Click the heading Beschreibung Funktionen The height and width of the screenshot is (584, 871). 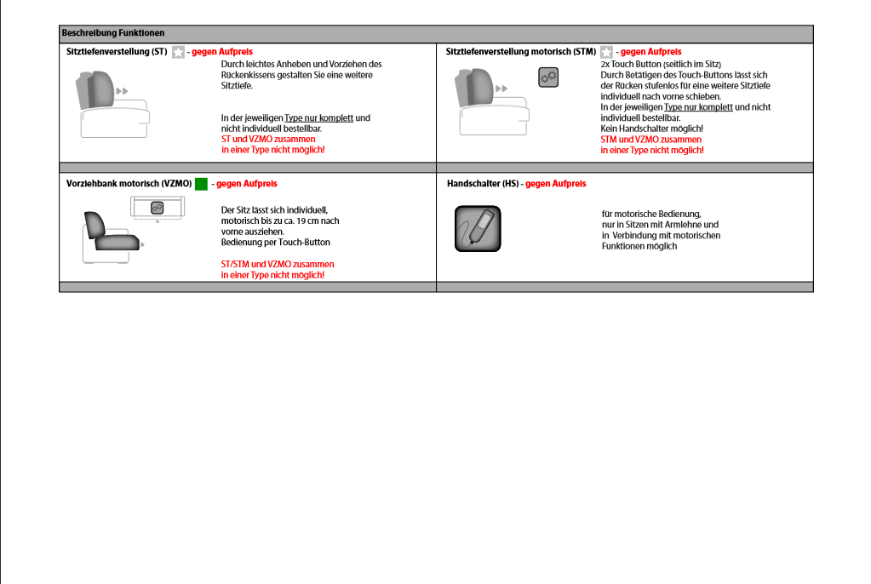click(x=113, y=33)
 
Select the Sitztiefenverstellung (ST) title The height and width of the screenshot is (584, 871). click(x=117, y=52)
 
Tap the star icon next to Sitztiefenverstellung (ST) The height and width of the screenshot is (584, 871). click(x=178, y=52)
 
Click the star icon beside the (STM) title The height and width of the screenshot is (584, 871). click(x=606, y=52)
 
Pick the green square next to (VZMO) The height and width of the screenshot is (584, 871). click(x=201, y=184)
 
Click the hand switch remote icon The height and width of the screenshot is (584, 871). click(x=478, y=228)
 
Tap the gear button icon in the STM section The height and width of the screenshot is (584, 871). click(x=548, y=77)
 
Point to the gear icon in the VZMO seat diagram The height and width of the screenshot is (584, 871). click(x=157, y=208)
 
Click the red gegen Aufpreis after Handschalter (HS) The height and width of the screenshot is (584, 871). click(x=555, y=184)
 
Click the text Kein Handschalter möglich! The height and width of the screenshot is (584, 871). click(x=651, y=129)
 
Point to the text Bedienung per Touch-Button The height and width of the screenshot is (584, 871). click(x=275, y=243)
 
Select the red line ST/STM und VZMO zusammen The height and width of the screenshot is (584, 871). click(x=278, y=264)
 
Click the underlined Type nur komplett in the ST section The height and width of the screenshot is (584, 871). click(x=318, y=117)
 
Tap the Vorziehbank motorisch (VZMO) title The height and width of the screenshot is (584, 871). click(x=129, y=184)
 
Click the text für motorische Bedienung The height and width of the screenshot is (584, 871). click(x=650, y=214)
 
